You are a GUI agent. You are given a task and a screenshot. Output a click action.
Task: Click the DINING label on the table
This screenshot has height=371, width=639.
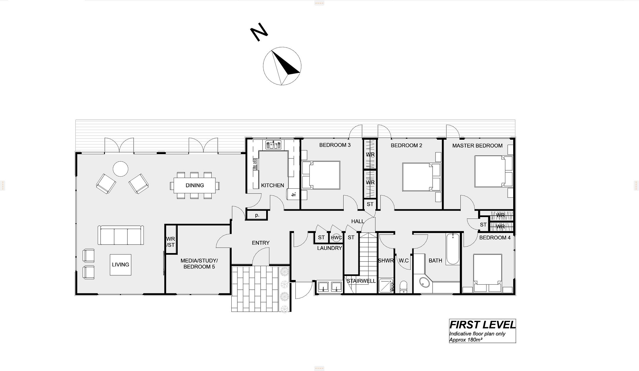pos(195,185)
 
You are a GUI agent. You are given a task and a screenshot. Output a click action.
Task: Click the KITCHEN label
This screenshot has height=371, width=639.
pos(273,185)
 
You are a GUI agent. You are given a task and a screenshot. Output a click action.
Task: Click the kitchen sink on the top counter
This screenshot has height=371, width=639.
pos(274,145)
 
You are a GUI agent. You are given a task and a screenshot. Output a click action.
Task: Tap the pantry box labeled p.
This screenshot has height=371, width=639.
pos(257,215)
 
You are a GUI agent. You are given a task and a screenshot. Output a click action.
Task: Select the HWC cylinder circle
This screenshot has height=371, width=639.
pos(337,238)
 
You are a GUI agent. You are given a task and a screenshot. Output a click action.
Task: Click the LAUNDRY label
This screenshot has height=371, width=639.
pos(329,248)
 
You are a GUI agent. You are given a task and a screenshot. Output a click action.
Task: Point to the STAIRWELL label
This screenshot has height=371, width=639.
pos(361,281)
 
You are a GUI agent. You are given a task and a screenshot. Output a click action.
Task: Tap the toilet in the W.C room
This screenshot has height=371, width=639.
pos(403,287)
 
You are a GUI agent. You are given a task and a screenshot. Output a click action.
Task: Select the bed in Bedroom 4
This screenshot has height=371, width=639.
pos(488,273)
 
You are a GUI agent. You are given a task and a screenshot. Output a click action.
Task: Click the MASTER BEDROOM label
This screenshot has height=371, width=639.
pos(477,146)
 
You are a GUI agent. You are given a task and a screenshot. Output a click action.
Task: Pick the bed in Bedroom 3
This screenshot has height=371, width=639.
pos(321,175)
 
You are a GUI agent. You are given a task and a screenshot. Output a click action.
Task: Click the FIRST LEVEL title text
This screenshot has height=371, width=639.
pos(482,325)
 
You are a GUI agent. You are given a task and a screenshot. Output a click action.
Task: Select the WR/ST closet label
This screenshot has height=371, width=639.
pos(170,242)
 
